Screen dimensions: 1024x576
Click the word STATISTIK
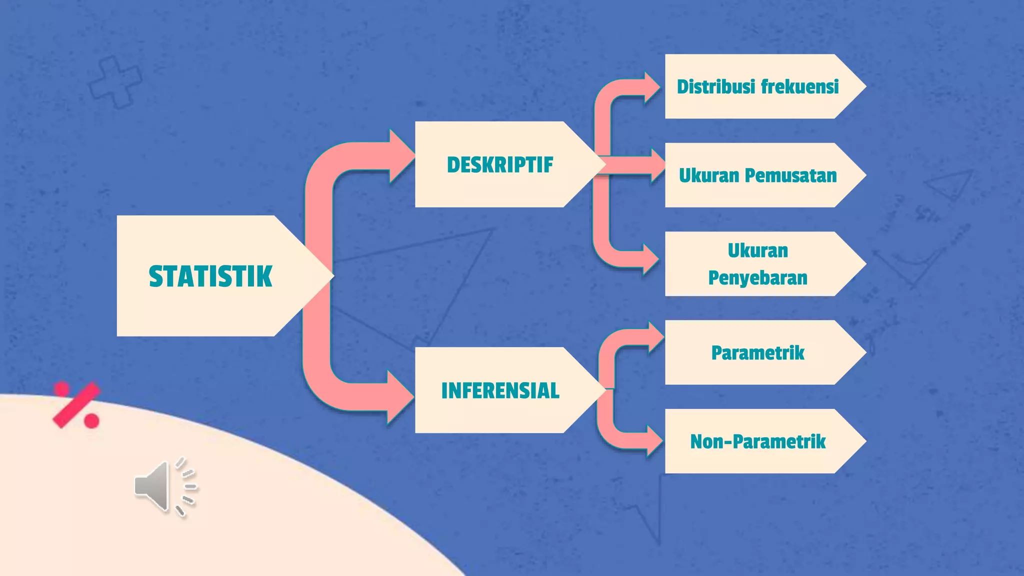[x=210, y=276]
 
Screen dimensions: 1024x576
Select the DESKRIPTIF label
[x=500, y=165]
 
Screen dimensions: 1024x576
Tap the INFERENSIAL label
[x=500, y=390]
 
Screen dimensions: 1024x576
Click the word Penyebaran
[x=757, y=277]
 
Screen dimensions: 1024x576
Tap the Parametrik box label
[x=757, y=353]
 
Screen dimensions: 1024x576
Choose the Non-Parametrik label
[x=757, y=441]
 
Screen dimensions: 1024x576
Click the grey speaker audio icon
[x=165, y=486]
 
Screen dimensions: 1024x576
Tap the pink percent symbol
[x=76, y=404]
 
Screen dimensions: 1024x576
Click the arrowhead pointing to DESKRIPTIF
[x=400, y=156]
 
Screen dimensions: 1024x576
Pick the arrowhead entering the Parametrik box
[x=655, y=338]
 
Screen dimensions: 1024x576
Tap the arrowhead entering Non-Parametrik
[x=654, y=440]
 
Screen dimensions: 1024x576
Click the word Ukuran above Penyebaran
[x=757, y=250]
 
